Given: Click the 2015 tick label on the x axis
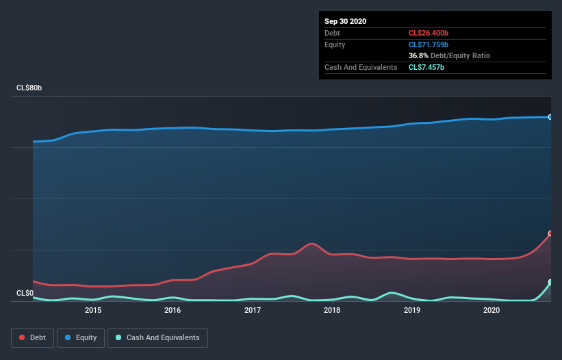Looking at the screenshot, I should pyautogui.click(x=93, y=310).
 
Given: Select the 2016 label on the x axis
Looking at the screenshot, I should pyautogui.click(x=173, y=310).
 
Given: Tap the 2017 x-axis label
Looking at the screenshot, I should pyautogui.click(x=253, y=310).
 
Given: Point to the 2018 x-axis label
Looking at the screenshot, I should pyautogui.click(x=332, y=310).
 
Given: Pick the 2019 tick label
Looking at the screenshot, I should pyautogui.click(x=412, y=310).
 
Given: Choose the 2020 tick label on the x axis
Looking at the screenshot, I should pyautogui.click(x=491, y=310).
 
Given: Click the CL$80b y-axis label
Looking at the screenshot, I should pyautogui.click(x=30, y=88).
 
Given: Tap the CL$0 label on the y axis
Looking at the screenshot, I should pyautogui.click(x=25, y=293).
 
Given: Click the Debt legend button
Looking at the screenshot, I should pyautogui.click(x=33, y=337).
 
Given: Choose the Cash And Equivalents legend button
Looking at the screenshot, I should pyautogui.click(x=157, y=337).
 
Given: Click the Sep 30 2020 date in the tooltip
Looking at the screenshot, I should pyautogui.click(x=345, y=21).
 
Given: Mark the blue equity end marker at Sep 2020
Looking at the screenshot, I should pyautogui.click(x=550, y=117).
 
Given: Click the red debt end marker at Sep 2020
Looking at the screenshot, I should pyautogui.click(x=550, y=233).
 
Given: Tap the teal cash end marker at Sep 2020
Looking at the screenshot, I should pyautogui.click(x=550, y=282).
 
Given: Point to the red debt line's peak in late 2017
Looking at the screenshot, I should pyautogui.click(x=312, y=244).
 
